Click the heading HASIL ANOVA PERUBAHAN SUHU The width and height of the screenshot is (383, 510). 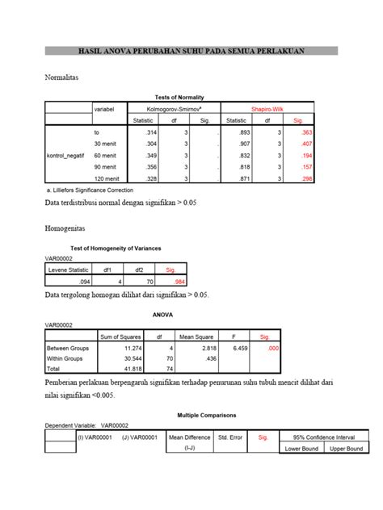point(191,51)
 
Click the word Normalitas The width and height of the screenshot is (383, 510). point(64,78)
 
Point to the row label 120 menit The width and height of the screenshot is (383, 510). point(106,177)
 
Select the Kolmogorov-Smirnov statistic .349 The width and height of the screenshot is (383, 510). point(149,154)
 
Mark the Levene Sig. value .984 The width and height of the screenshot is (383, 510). point(170,282)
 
